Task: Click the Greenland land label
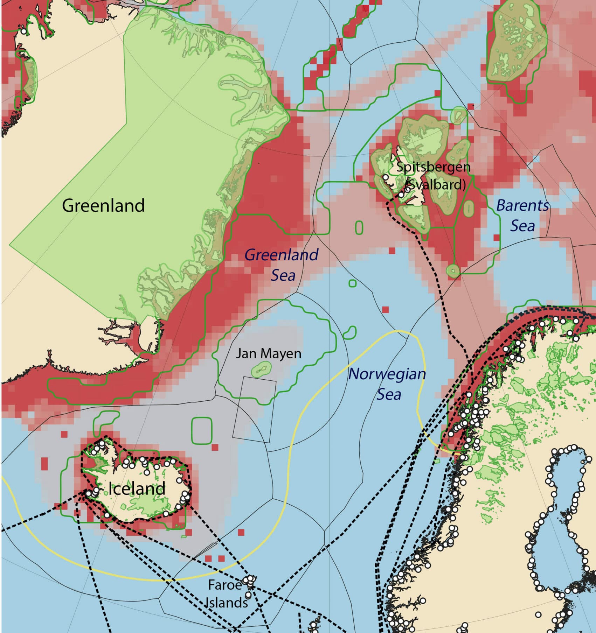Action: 103,205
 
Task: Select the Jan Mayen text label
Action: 268,353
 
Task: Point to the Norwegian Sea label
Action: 387,384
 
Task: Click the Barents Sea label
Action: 522,216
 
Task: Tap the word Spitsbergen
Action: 433,167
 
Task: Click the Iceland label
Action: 137,488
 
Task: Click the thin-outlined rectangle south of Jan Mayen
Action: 255,410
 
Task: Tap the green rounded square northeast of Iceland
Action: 202,430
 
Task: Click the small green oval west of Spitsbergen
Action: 359,228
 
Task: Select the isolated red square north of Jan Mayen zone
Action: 385,310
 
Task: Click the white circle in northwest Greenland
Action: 23,31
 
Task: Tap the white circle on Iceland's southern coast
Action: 107,515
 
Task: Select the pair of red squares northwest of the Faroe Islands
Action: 215,558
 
